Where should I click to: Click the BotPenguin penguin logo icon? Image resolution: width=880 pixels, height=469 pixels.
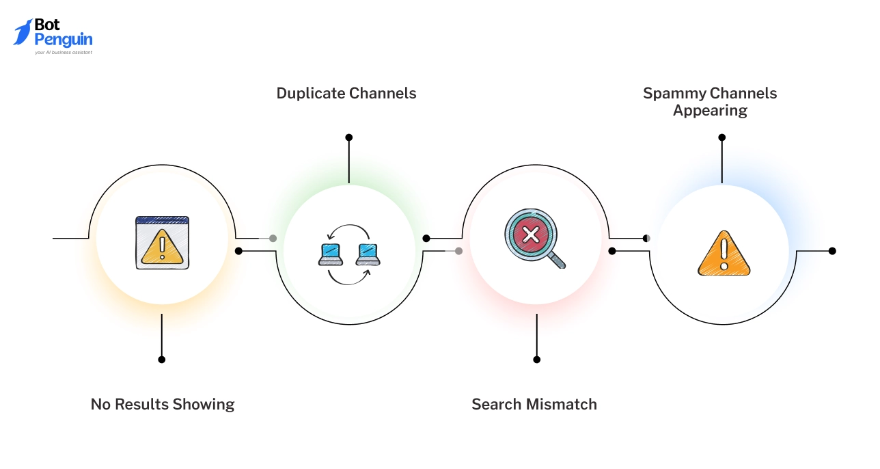point(23,32)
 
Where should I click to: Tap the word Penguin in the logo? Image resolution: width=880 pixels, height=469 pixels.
point(64,40)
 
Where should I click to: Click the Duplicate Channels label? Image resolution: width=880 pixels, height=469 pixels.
point(346,93)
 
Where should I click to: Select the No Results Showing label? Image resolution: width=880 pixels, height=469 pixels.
point(163,404)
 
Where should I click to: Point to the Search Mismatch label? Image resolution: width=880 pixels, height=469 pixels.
point(534,404)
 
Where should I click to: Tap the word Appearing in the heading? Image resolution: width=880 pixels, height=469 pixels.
point(710,111)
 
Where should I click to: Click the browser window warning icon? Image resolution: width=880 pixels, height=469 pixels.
point(162,242)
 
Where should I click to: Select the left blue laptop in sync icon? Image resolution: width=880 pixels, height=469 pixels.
point(331,254)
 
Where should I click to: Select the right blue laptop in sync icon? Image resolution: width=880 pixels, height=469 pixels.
point(368,254)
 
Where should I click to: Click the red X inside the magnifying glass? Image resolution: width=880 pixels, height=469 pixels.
point(530,235)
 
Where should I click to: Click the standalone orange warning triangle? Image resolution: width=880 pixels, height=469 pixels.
point(724,254)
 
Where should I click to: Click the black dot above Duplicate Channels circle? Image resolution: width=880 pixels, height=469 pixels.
point(349,137)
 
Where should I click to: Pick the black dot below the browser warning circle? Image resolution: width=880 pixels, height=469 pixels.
point(162,359)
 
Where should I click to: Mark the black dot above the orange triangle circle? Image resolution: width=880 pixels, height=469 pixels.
point(722,137)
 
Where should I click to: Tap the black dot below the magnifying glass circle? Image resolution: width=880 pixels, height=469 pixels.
point(537,359)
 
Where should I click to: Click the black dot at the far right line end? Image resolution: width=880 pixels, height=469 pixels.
point(832,251)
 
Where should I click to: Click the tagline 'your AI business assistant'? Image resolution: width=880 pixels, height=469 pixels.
point(64,52)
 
